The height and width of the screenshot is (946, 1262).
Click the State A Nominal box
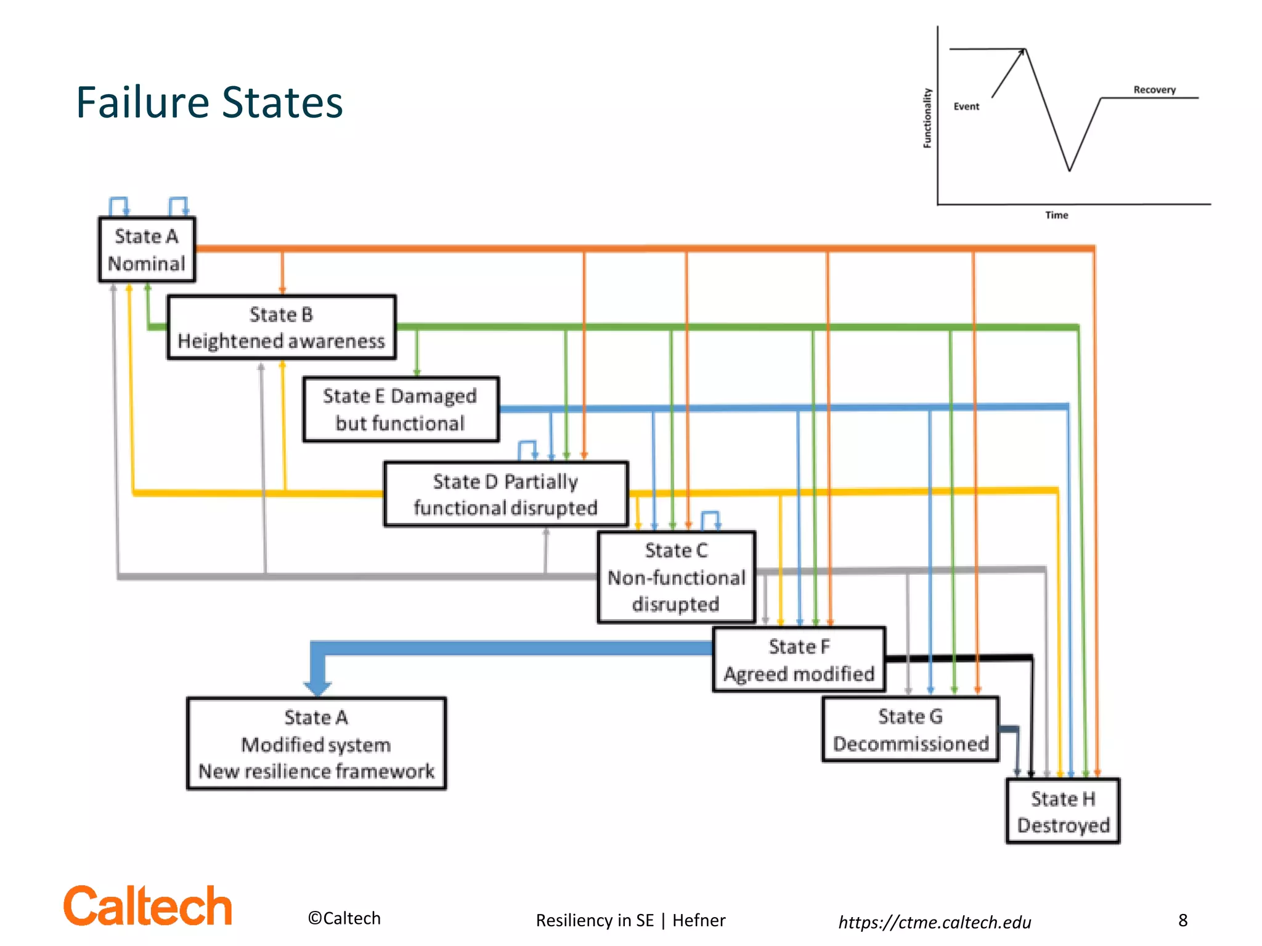[x=147, y=249]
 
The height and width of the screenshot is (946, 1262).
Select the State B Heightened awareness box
[x=281, y=328]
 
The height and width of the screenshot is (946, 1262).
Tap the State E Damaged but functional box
[x=401, y=410]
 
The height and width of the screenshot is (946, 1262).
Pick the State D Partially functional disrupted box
[x=505, y=494]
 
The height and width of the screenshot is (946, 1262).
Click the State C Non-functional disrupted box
[x=676, y=577]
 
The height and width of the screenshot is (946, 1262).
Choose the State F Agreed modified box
[x=799, y=660]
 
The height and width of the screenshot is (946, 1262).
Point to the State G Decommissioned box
[x=910, y=730]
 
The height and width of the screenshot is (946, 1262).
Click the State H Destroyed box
[x=1063, y=812]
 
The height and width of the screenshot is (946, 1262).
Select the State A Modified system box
[x=316, y=744]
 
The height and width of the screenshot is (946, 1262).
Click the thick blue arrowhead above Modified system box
[x=317, y=685]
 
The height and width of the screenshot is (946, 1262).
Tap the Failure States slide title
[x=210, y=102]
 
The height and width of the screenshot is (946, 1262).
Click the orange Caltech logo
[x=148, y=906]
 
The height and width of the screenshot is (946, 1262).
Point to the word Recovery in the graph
[x=1154, y=90]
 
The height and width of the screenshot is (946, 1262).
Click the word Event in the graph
[x=966, y=107]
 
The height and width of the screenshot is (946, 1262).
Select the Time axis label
[x=1056, y=215]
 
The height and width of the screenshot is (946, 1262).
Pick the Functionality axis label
[x=927, y=118]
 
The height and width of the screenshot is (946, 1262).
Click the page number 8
[x=1183, y=920]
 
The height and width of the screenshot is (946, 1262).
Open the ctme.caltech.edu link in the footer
[x=934, y=922]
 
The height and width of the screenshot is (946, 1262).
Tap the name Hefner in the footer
[x=699, y=920]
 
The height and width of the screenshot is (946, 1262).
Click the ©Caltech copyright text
[x=344, y=918]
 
